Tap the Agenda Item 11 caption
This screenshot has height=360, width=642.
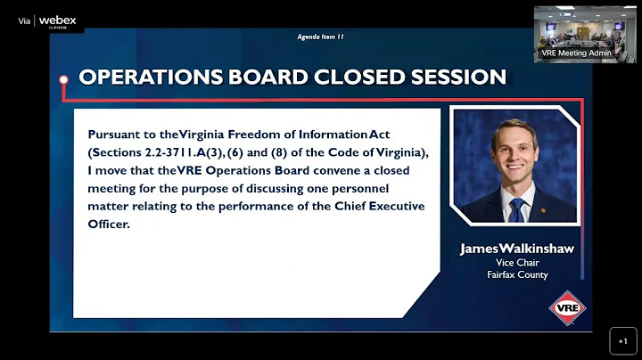320,37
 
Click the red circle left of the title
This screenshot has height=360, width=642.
64,78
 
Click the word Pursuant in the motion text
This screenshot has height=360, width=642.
117,135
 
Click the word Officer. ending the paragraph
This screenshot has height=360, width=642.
109,224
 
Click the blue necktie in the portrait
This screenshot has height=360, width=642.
516,210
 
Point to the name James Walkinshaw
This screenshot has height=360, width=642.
517,250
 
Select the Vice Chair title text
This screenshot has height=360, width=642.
517,263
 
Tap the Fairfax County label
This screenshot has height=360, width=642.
517,274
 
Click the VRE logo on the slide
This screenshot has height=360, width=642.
567,308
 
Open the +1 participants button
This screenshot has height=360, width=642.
623,340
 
